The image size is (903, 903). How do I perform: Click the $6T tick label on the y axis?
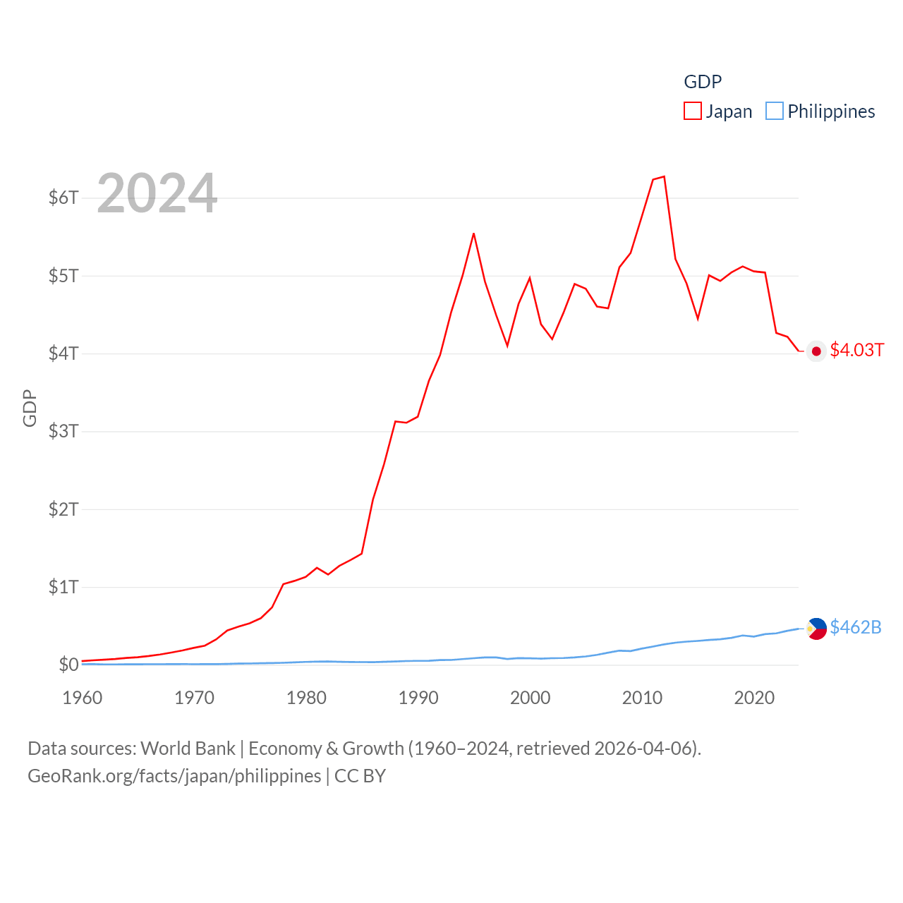point(63,198)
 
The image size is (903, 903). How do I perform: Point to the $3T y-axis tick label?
point(63,431)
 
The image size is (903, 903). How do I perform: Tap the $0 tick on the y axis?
point(68,665)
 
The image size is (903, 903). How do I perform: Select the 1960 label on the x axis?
point(83,698)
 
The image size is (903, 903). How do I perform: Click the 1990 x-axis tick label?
point(418,698)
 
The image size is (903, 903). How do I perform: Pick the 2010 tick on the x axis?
point(642,698)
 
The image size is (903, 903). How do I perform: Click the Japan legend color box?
point(693,111)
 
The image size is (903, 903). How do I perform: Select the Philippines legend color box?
point(775,111)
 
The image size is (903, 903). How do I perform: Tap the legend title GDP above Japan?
point(703,82)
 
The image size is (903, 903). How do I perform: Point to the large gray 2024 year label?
point(157,193)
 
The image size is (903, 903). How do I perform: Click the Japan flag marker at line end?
point(816,351)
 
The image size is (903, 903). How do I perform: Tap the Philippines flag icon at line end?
point(816,628)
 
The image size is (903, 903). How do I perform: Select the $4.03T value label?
point(856,350)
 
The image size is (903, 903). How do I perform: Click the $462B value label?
point(856,627)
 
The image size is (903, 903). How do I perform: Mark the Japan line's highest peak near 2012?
point(664,176)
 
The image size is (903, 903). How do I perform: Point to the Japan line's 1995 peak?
point(473,234)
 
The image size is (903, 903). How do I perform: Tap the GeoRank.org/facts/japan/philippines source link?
point(174,776)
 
